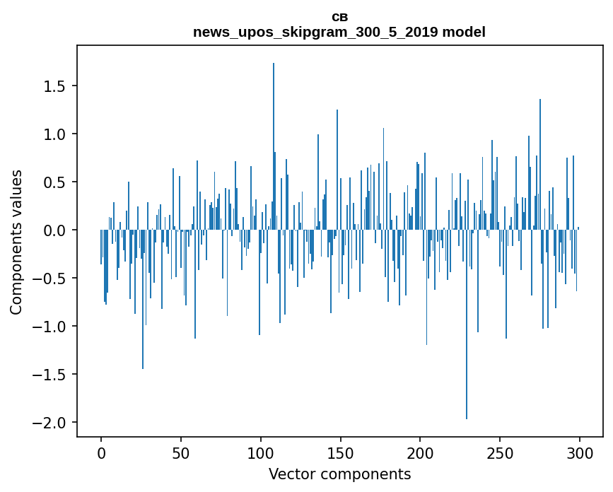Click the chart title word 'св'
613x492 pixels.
click(x=339, y=17)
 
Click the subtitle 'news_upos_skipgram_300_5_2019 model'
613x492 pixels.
click(x=339, y=32)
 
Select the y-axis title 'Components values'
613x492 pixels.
click(x=16, y=242)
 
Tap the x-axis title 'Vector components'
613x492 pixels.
click(x=339, y=474)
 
